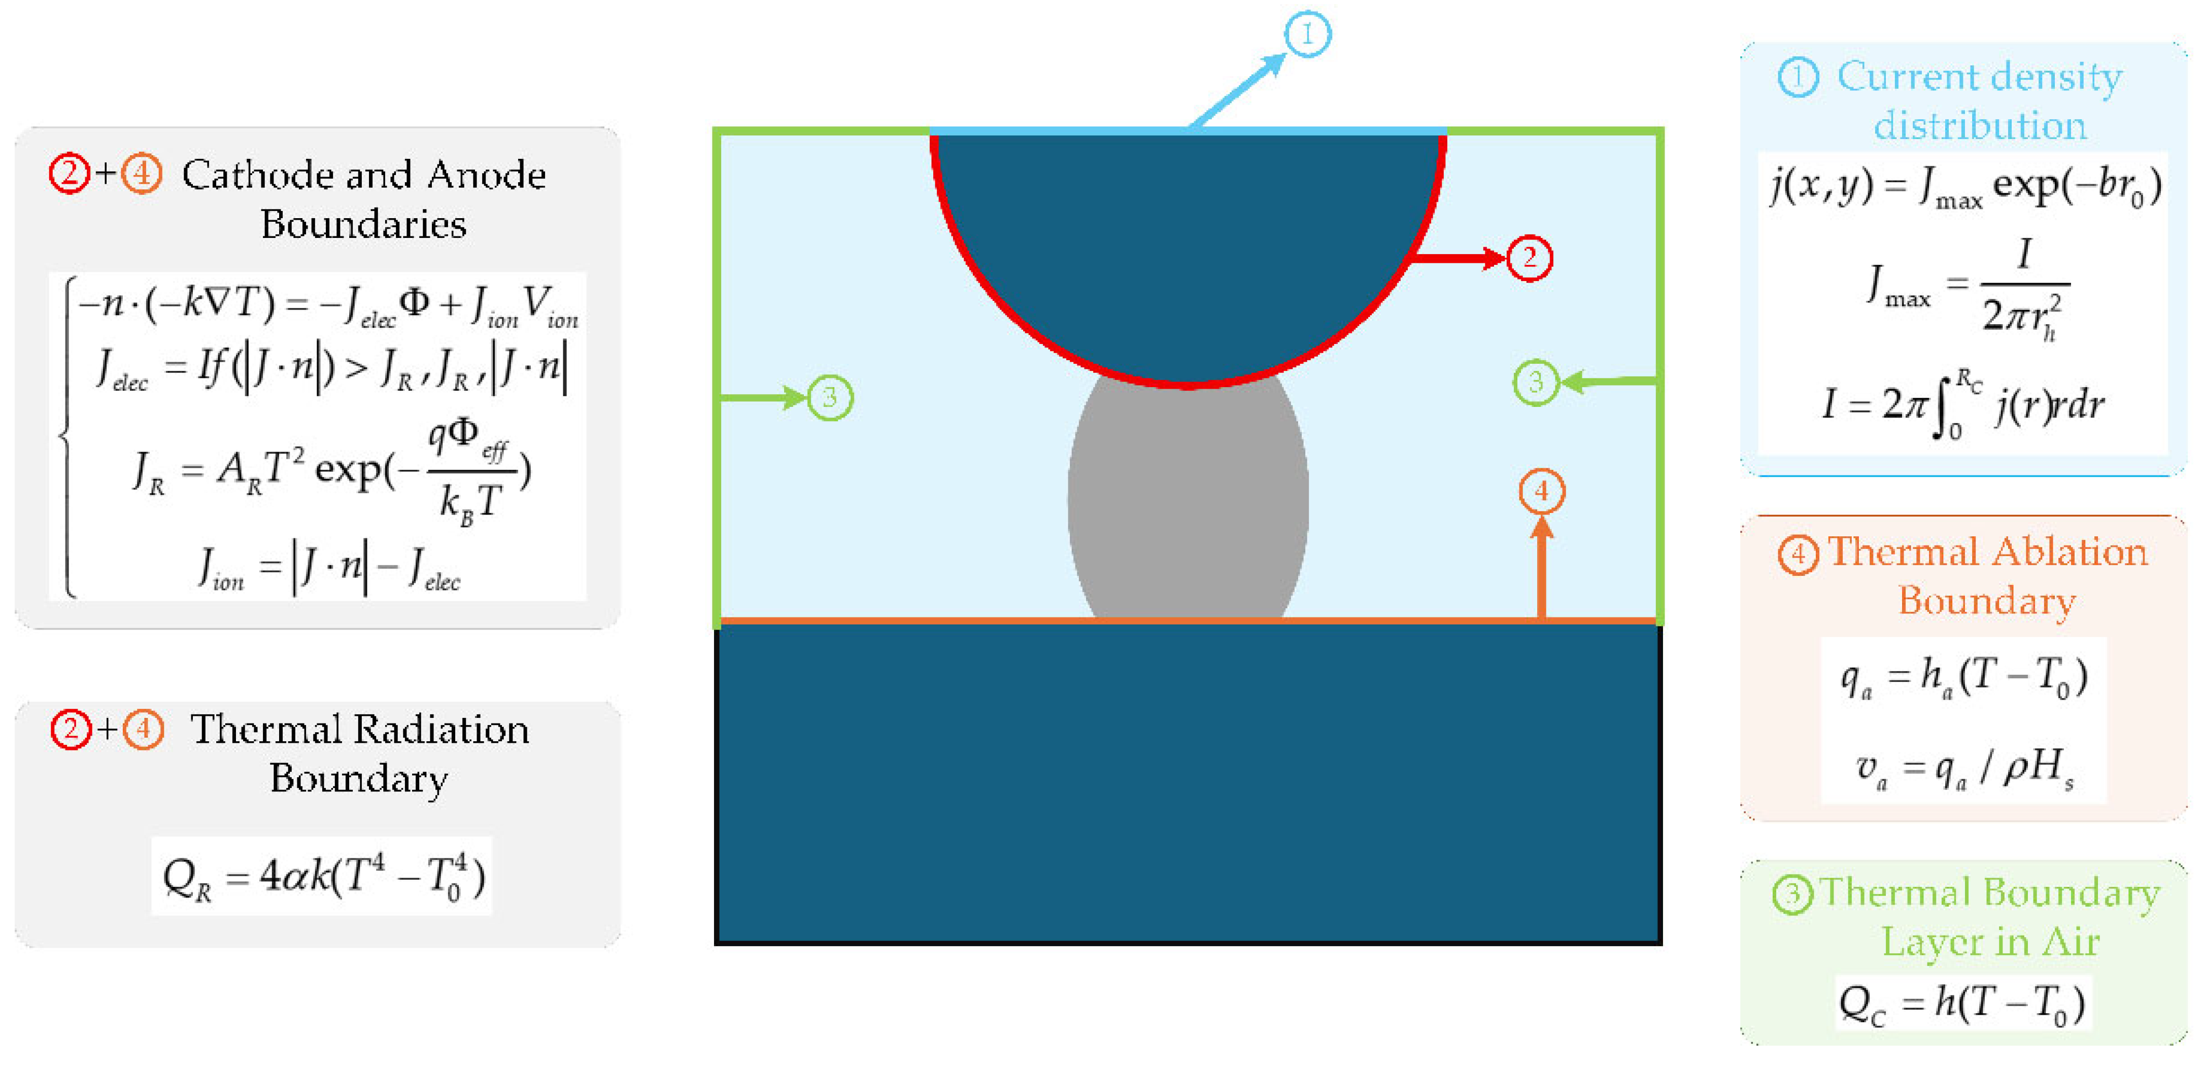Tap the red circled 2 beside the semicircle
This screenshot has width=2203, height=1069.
click(x=1529, y=257)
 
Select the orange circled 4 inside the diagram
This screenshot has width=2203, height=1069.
click(x=1541, y=492)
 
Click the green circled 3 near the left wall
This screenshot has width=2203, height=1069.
click(x=830, y=398)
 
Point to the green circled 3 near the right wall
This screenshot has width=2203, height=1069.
click(x=1536, y=382)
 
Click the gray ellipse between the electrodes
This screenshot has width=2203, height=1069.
click(x=1188, y=505)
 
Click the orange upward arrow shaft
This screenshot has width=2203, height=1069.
click(x=1541, y=573)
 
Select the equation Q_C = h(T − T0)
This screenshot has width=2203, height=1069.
click(x=1962, y=1003)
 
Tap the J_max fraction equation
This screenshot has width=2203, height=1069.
click(x=1967, y=287)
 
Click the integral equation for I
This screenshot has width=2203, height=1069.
click(x=1962, y=404)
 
